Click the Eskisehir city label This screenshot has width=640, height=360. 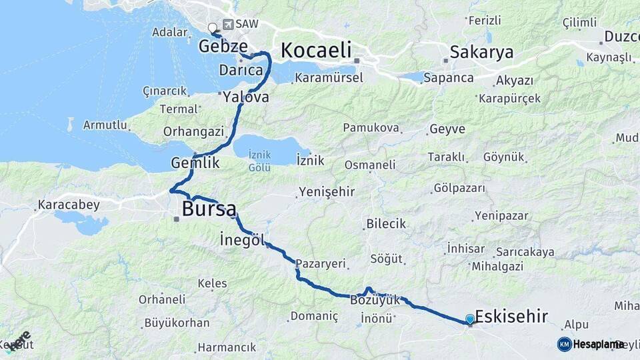point(511,316)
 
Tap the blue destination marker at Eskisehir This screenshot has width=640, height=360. point(470,320)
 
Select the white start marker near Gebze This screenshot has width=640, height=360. point(213,28)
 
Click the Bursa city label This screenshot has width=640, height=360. point(209,209)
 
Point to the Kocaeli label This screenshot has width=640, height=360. point(315,50)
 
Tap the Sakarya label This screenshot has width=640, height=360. point(481,52)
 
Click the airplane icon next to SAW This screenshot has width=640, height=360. point(229,25)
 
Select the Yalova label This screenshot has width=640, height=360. point(246,97)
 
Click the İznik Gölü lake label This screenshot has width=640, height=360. point(259,161)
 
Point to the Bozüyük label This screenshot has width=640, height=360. point(375,301)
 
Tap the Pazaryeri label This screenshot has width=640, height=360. point(321,263)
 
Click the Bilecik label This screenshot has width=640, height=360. point(386,223)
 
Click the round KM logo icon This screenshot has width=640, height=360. point(564,344)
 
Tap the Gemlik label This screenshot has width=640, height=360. point(195,162)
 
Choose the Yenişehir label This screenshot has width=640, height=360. point(327,192)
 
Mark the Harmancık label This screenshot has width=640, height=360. point(227,347)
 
